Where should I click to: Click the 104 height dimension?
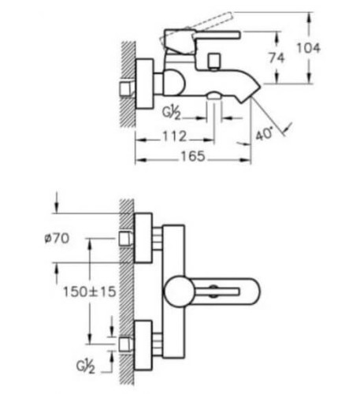pyautogui.click(x=308, y=48)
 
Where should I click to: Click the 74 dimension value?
pyautogui.click(x=276, y=58)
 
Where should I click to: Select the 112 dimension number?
pyautogui.click(x=174, y=136)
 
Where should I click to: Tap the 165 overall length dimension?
pyautogui.click(x=192, y=156)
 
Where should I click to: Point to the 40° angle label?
pyautogui.click(x=264, y=134)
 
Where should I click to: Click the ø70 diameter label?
pyautogui.click(x=57, y=239)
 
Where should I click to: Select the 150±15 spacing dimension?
pyautogui.click(x=90, y=292)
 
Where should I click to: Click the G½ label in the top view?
pyautogui.click(x=172, y=113)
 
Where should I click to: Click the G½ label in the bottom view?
pyautogui.click(x=86, y=366)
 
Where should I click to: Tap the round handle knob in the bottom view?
pyautogui.click(x=179, y=292)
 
